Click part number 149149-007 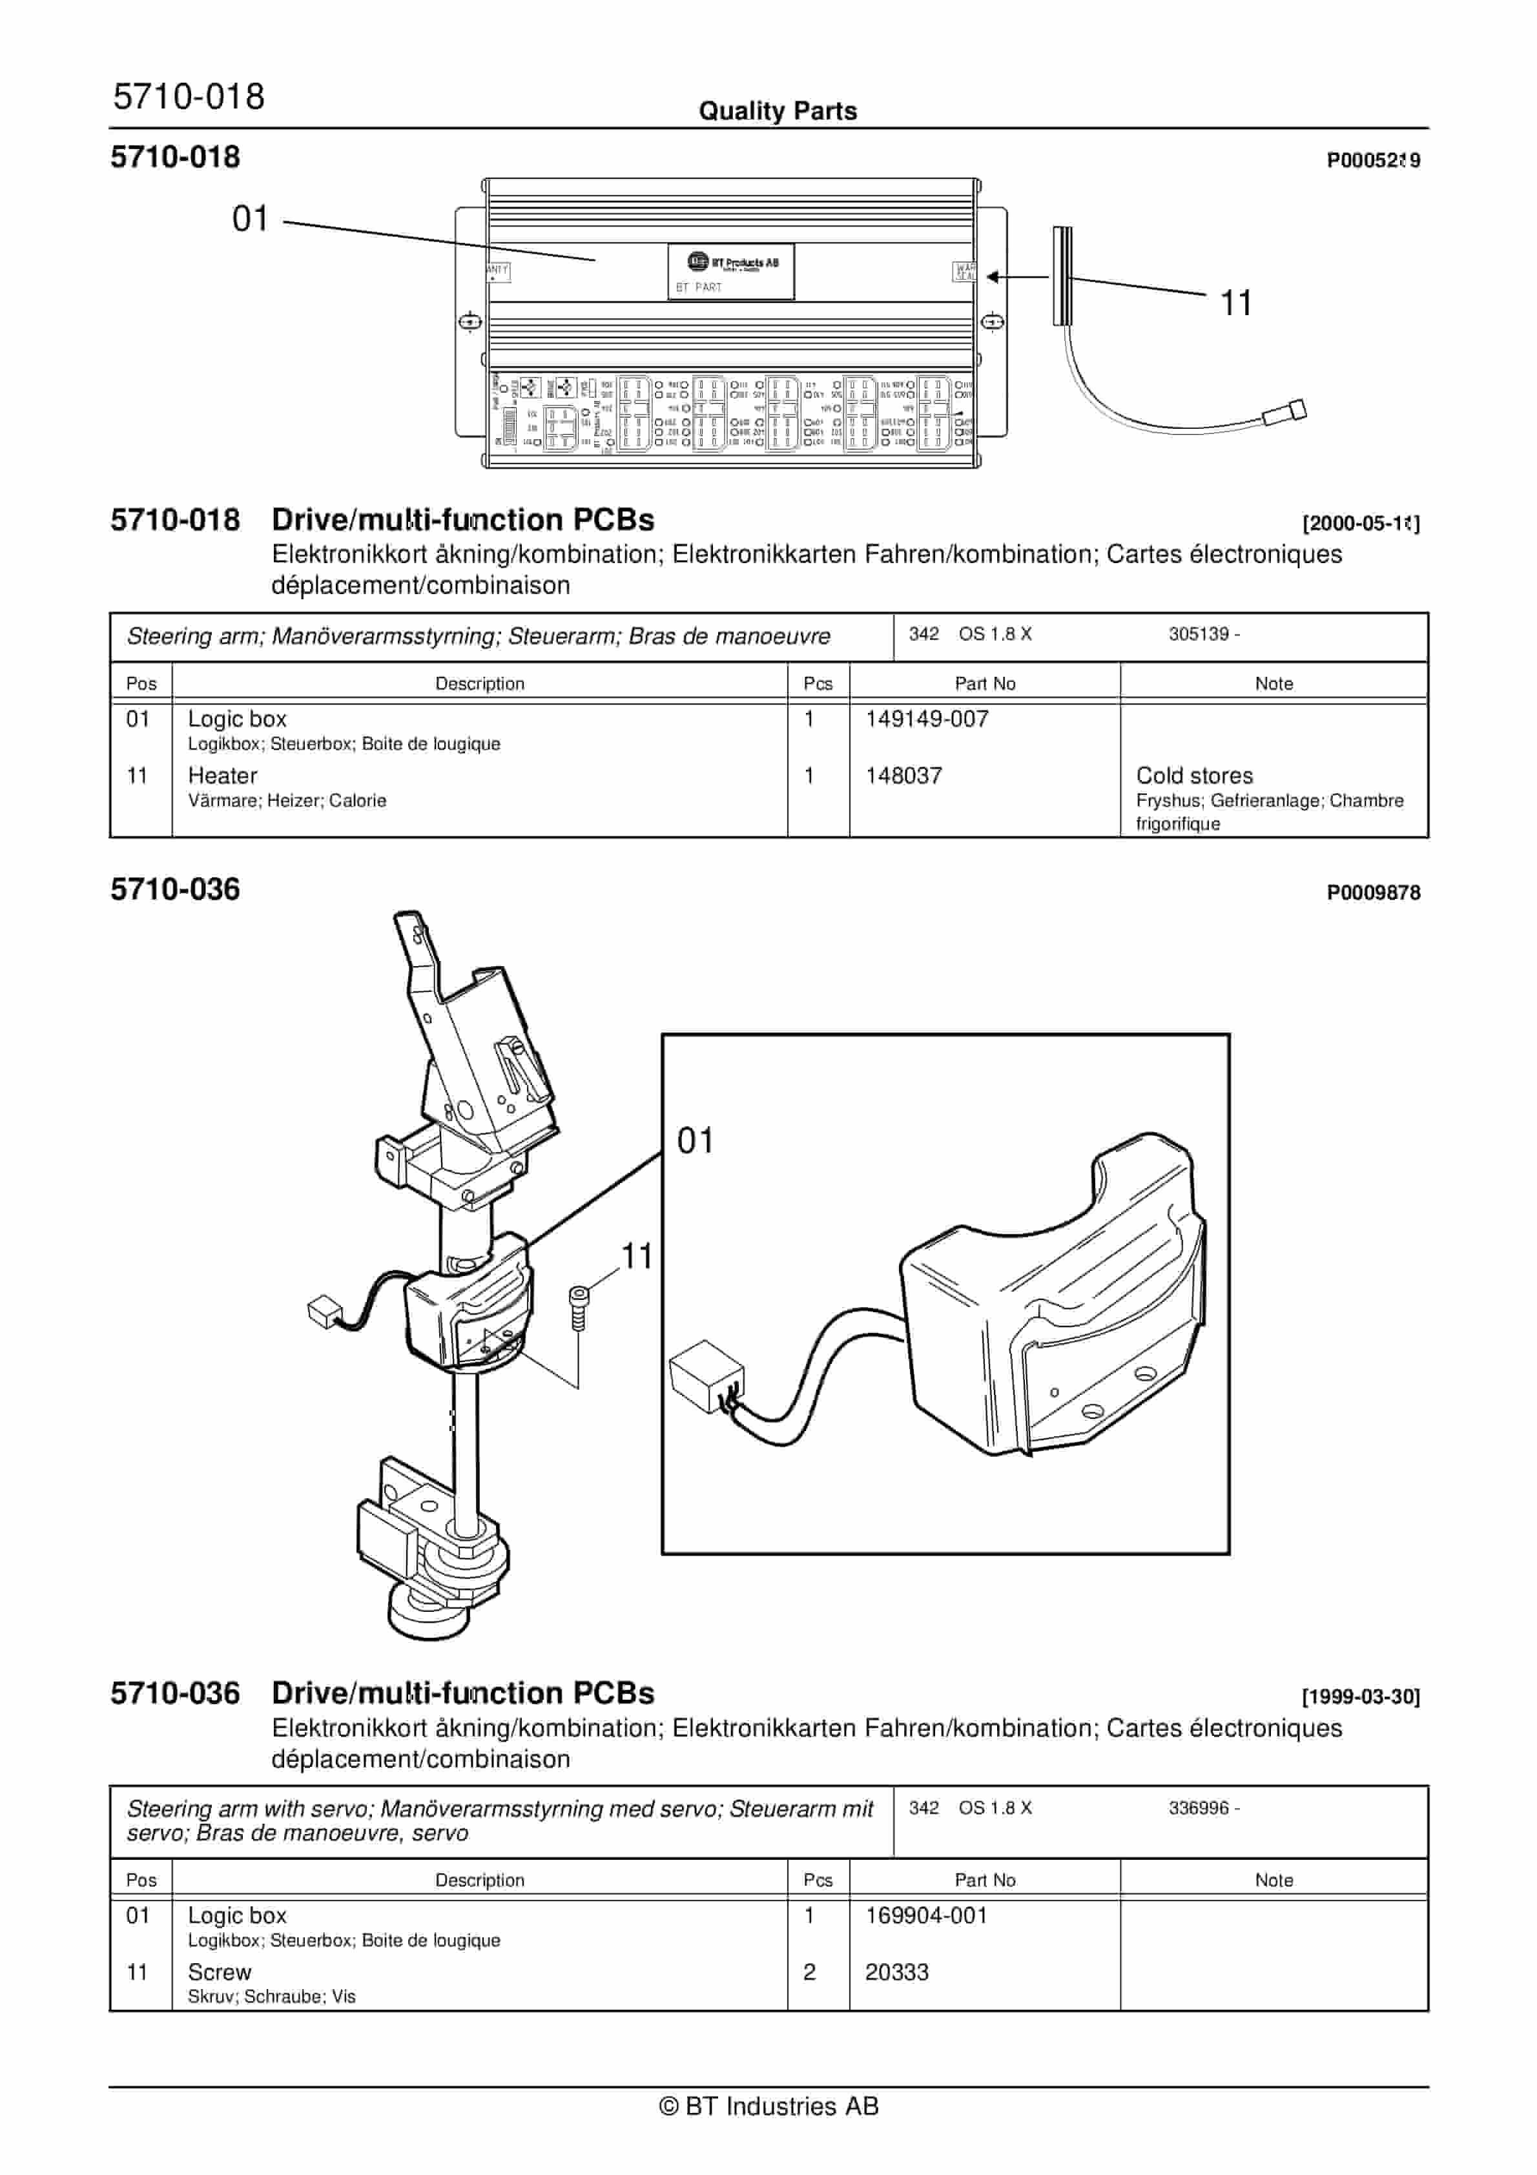(x=926, y=719)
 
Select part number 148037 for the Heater (x=903, y=776)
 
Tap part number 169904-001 (x=926, y=1915)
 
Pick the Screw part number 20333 (x=896, y=1972)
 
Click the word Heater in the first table (x=223, y=776)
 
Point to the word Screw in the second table (x=219, y=1972)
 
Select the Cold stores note (x=1194, y=776)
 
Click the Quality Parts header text (x=777, y=111)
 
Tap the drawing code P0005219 (x=1372, y=160)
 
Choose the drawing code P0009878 (x=1372, y=892)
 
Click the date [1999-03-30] (x=1360, y=1696)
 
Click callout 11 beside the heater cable (x=1235, y=303)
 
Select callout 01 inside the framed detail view (x=695, y=1140)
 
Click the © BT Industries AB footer (x=768, y=2106)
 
